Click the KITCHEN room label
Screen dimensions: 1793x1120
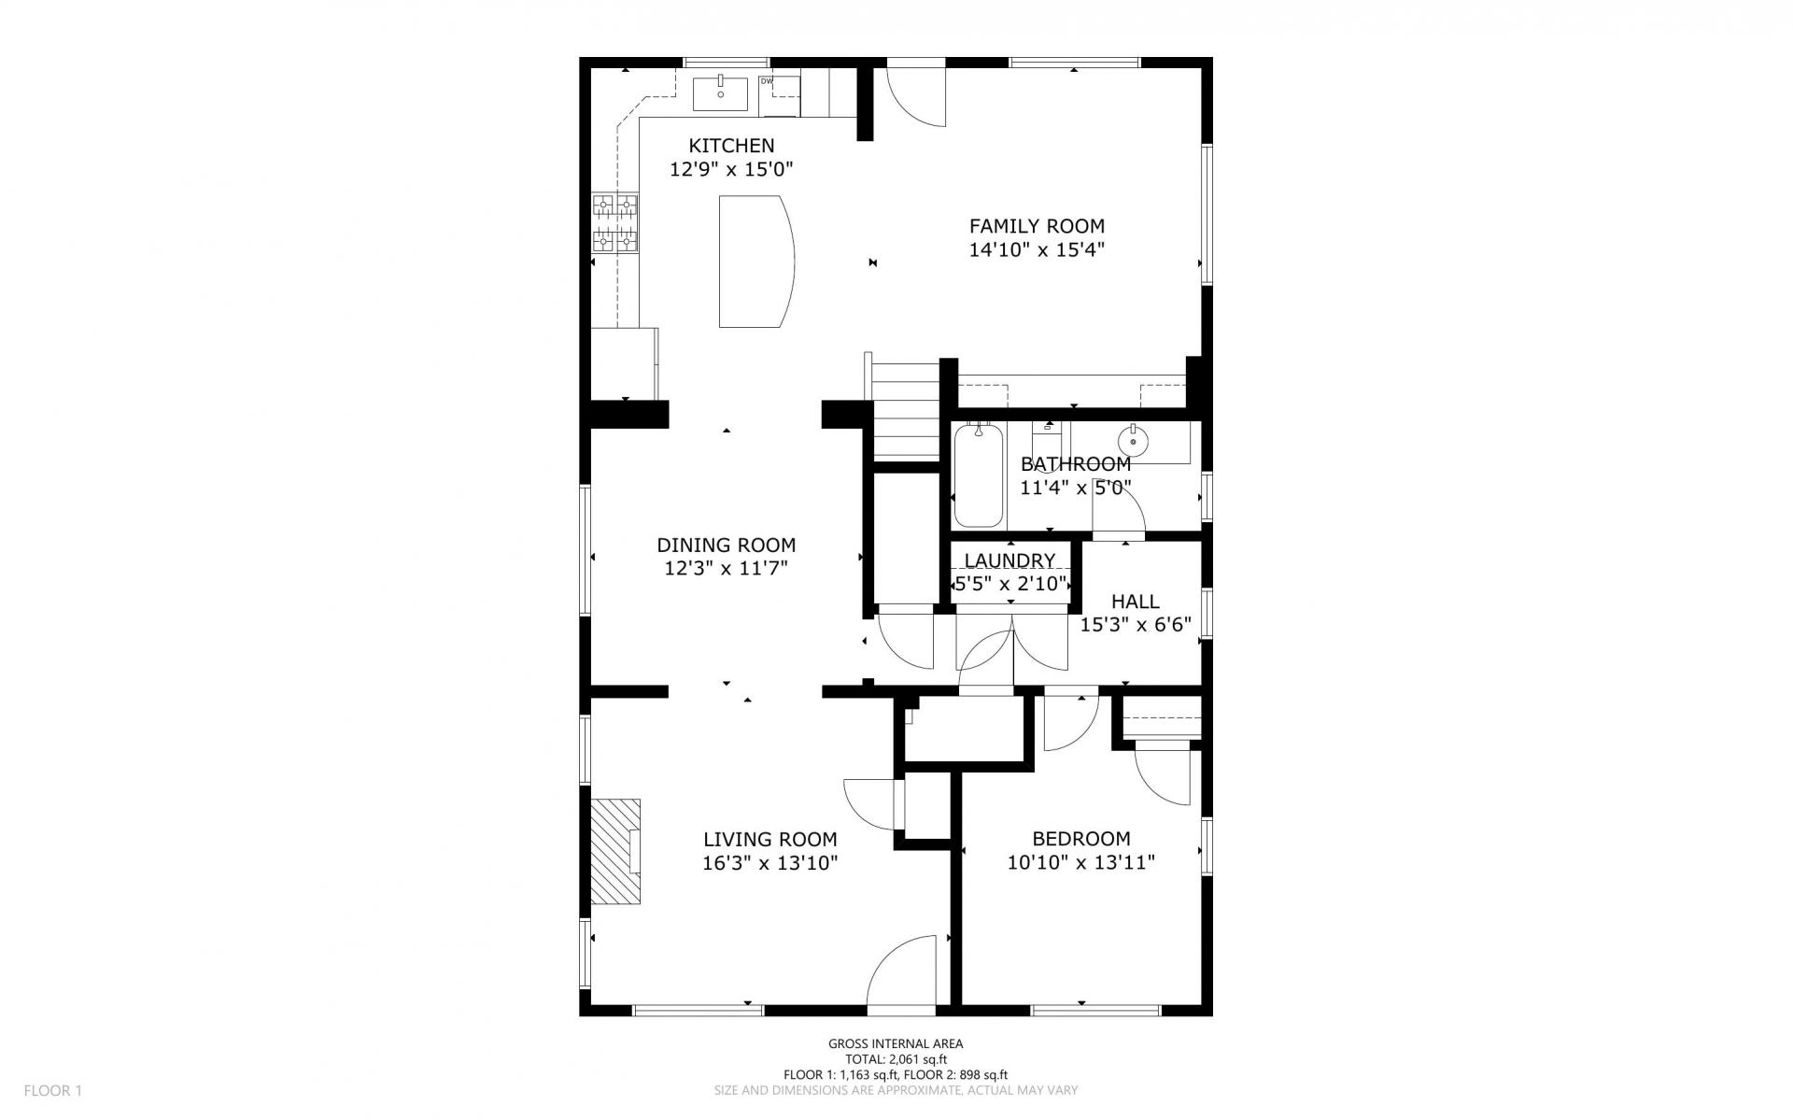coord(731,146)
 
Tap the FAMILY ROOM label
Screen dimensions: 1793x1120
coord(1037,226)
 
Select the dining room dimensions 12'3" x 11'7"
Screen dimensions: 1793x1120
coord(727,569)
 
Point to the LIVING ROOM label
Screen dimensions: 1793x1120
coord(770,840)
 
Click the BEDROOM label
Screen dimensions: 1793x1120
coord(1081,839)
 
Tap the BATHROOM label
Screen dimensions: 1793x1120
coord(1076,464)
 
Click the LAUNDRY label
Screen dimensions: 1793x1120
coord(1010,560)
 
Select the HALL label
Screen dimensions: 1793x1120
coord(1136,602)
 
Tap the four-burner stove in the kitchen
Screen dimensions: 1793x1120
coord(615,222)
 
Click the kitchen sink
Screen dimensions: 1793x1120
coord(720,94)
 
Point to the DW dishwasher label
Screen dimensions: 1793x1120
coord(767,81)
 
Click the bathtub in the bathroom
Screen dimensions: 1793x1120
coord(979,475)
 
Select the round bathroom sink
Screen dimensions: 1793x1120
coord(1134,439)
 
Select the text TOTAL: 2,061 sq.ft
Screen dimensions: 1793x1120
coord(896,1059)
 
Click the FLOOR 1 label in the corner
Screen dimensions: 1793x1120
coord(53,1090)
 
